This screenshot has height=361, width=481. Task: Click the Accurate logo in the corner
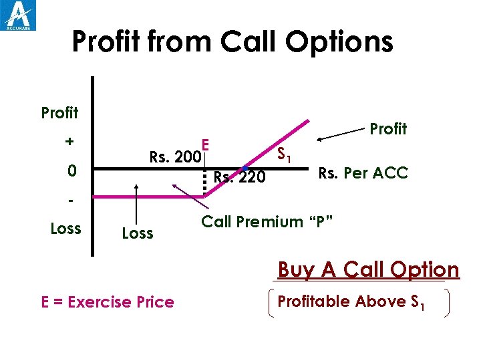click(x=19, y=15)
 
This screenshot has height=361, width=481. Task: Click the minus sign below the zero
click(x=69, y=199)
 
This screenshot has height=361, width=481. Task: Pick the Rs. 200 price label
click(x=174, y=158)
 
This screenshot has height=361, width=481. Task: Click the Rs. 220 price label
click(x=239, y=177)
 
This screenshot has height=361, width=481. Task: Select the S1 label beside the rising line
click(x=283, y=156)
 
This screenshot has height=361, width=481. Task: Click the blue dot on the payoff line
click(x=245, y=167)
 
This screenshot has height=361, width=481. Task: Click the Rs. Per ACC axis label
click(x=363, y=173)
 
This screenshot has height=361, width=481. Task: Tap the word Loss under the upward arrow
click(x=138, y=233)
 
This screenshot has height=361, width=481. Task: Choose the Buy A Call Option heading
click(x=368, y=270)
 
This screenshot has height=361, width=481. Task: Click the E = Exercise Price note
click(x=108, y=302)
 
